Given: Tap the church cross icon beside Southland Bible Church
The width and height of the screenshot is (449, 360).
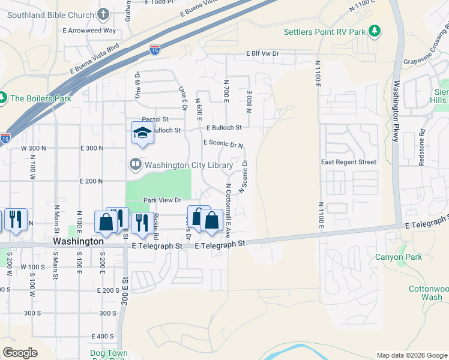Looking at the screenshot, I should click(103, 13).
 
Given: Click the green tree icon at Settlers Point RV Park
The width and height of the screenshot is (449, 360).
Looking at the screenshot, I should click(375, 31).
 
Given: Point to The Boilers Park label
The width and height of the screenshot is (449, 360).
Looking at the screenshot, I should click(41, 98).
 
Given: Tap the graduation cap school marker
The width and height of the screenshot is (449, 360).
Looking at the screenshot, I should click(142, 133).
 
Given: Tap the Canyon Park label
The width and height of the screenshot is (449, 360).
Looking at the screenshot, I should click(399, 257).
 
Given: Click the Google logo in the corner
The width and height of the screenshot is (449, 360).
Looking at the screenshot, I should click(20, 353).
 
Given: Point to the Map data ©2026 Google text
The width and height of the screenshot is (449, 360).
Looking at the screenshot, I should click(411, 355).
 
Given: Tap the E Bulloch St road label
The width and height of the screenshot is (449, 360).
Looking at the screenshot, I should click(224, 128).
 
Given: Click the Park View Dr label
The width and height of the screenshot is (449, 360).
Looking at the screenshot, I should click(161, 200).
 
